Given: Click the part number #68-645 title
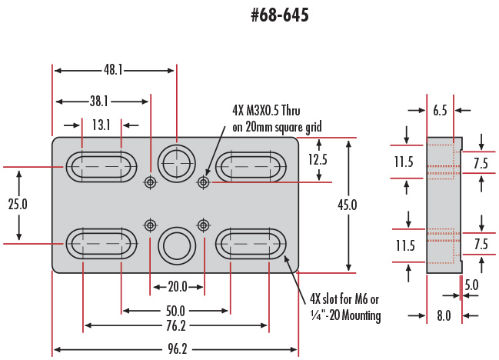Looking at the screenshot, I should pyautogui.click(x=279, y=15).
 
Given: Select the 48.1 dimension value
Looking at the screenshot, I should pyautogui.click(x=114, y=70).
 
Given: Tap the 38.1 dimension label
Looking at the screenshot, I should pyautogui.click(x=98, y=101).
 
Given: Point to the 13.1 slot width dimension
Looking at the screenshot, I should pyautogui.click(x=101, y=124).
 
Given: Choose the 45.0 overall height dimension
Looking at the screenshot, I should pyautogui.click(x=348, y=205).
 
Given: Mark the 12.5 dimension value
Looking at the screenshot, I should pyautogui.click(x=318, y=160).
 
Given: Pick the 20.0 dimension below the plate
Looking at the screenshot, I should pyautogui.click(x=177, y=286).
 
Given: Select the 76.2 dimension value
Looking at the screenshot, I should pyautogui.click(x=177, y=326).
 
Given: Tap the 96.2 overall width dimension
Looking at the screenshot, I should pyautogui.click(x=177, y=348).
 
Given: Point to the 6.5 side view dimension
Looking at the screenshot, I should pyautogui.click(x=440, y=111).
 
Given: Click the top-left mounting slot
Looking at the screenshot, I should pyautogui.click(x=101, y=166).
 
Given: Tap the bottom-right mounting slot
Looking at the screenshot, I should pyautogui.click(x=250, y=243).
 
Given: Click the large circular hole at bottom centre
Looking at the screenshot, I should pyautogui.click(x=177, y=245).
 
